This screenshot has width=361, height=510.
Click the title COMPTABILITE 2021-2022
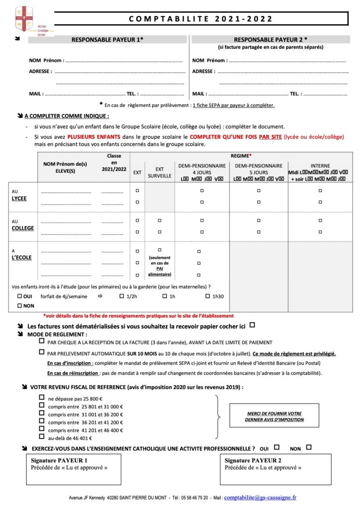tap(201, 19)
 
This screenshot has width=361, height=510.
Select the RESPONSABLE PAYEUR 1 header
tap(107, 39)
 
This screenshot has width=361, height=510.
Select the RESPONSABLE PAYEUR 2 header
tap(270, 39)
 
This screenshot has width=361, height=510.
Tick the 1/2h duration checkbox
tap(122, 296)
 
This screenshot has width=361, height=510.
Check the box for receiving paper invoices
tap(252, 325)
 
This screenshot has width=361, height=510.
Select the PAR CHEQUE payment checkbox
tap(41, 342)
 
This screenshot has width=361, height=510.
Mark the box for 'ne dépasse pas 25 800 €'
tap(41, 398)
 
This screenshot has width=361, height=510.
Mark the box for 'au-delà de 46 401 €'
tap(41, 437)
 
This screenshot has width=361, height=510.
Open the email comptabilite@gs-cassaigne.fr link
tap(260, 497)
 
